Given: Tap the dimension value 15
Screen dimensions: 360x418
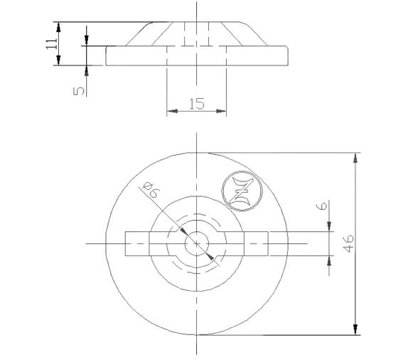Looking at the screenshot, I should coord(197,104).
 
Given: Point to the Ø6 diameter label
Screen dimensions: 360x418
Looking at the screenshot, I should coord(150,191).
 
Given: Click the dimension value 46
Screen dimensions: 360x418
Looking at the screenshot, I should coord(348,243).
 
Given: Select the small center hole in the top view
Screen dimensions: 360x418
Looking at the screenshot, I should coord(196,244).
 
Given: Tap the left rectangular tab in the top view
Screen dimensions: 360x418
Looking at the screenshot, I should coord(137,244).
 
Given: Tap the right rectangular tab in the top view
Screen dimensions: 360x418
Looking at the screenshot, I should coord(257,244).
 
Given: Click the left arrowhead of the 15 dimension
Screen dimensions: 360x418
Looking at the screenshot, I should coord(171,111).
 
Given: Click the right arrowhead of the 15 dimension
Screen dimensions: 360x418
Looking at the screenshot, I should coord(222,111).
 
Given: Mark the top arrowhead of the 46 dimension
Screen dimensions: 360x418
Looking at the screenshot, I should coord(355,158).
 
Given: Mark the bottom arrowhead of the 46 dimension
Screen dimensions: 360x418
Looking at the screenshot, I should coord(355,329).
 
